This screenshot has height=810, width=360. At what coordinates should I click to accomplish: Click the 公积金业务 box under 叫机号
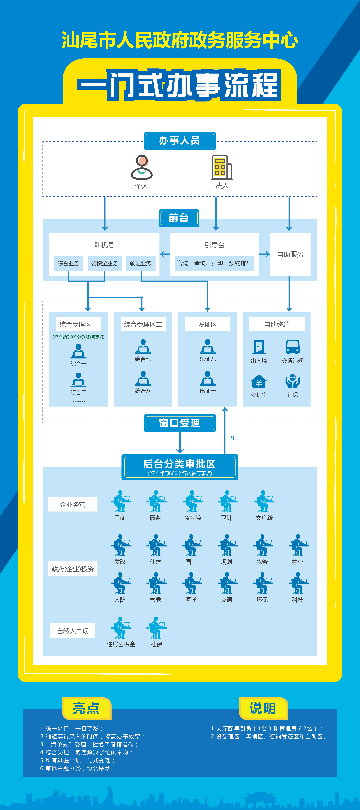tap(104, 263)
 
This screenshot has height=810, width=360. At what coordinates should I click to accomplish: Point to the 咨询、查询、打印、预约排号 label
tap(214, 263)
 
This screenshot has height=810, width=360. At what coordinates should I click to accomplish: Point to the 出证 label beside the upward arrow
tap(233, 438)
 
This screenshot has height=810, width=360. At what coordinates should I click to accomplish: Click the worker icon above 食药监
tap(192, 501)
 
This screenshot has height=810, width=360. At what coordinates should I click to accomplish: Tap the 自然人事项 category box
tap(73, 631)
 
